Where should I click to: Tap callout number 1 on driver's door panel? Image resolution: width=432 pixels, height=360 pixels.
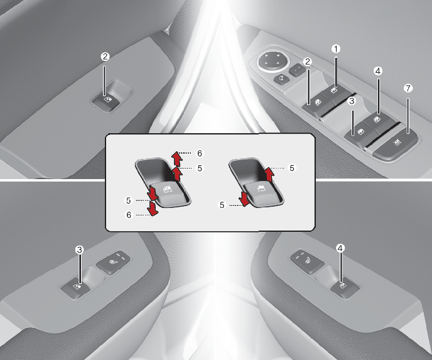(x=335, y=49)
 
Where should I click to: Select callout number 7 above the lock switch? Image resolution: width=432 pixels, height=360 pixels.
(x=408, y=89)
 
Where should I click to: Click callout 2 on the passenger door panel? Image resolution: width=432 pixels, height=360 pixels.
(x=105, y=57)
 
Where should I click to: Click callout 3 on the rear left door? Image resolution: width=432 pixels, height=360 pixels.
(x=79, y=250)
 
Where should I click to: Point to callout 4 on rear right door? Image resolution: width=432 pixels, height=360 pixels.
(x=340, y=248)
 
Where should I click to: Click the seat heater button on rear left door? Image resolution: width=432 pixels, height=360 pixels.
(x=112, y=261)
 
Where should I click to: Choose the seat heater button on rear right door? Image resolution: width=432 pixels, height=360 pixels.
(x=306, y=261)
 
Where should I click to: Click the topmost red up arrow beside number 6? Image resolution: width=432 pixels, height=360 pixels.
(x=176, y=158)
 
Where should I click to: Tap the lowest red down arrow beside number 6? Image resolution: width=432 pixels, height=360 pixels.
(x=153, y=208)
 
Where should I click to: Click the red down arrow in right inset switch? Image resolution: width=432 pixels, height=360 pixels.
(x=244, y=199)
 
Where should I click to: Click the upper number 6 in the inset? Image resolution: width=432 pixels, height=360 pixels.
(x=200, y=153)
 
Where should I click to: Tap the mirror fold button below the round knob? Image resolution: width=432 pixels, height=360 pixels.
(x=281, y=79)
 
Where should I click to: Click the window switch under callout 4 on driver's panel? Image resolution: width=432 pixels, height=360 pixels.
(x=377, y=120)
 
